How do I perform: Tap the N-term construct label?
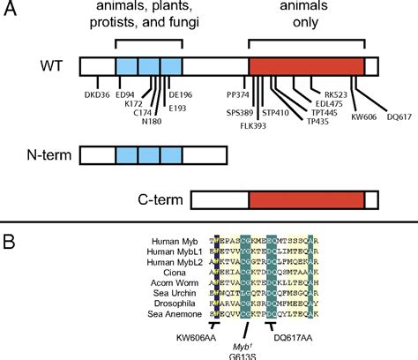(49, 156)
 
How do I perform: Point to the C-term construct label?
(163, 199)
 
